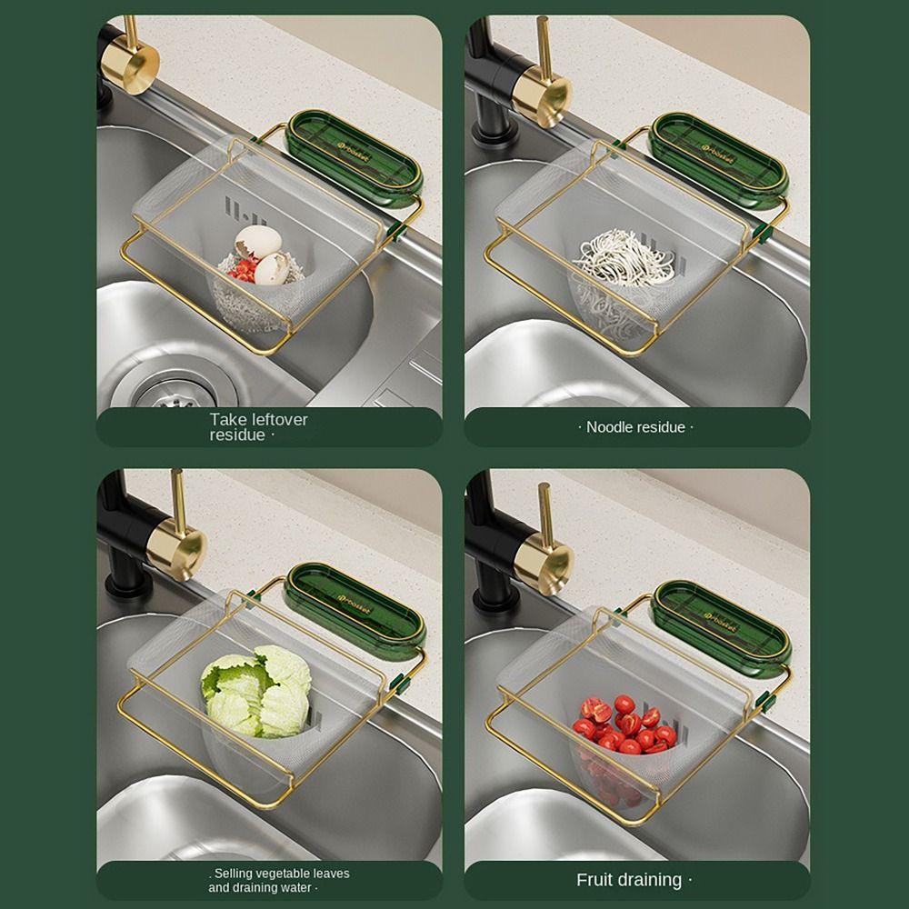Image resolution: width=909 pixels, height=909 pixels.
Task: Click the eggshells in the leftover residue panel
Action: pos(260,253)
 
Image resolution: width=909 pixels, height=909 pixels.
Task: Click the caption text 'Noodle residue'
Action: pos(635,427)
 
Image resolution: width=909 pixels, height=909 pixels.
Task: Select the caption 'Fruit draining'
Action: pos(629,880)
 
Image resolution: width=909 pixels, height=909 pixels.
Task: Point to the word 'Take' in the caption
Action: pos(227,420)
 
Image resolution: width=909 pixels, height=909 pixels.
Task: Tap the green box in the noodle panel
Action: pos(719,157)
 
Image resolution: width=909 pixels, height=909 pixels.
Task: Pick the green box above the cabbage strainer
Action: pos(355,608)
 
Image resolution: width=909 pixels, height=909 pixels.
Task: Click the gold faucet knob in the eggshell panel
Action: pos(130,65)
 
